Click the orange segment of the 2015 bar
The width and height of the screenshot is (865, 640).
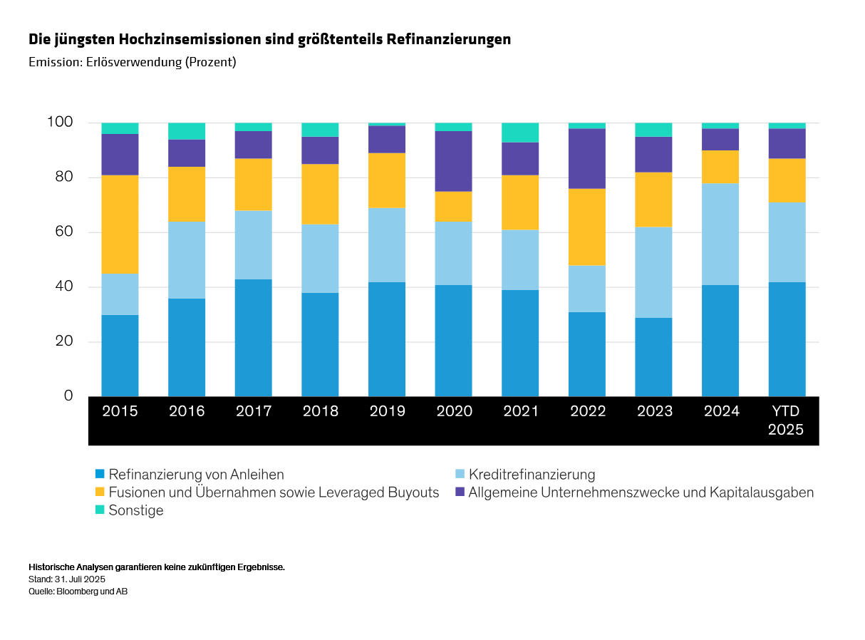(x=120, y=224)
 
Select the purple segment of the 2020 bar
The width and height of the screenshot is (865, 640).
(x=454, y=161)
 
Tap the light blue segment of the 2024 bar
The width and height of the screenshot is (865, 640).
(x=720, y=234)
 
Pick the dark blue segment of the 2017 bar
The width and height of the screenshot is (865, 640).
(x=254, y=337)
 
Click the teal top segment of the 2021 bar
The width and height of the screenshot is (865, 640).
(x=520, y=133)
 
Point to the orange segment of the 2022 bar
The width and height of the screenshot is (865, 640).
(x=587, y=227)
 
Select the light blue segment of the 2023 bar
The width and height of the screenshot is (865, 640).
(x=654, y=272)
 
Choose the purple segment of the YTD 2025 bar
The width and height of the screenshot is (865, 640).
(x=787, y=143)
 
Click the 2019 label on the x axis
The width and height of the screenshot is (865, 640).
(x=387, y=411)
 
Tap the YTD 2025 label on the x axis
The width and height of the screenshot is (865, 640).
(x=787, y=420)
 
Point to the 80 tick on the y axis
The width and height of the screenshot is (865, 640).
(x=61, y=177)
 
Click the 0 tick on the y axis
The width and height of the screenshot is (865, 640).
(x=68, y=396)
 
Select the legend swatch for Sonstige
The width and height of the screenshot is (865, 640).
(x=100, y=510)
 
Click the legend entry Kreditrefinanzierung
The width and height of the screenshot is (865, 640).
(x=531, y=474)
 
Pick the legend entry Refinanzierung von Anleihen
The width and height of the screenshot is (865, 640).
(x=196, y=474)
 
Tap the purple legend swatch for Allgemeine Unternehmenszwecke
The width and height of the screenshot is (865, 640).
(x=460, y=492)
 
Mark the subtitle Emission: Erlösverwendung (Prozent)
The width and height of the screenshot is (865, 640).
(x=133, y=62)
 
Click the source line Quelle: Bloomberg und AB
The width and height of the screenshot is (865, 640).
(x=78, y=591)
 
